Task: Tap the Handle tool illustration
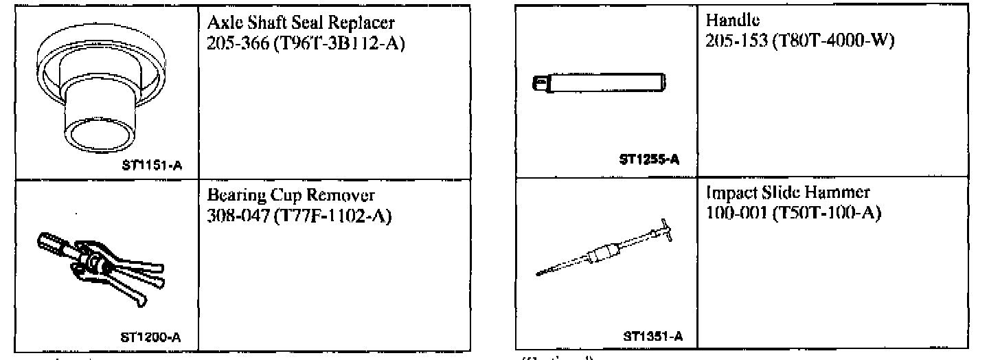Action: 601,85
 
